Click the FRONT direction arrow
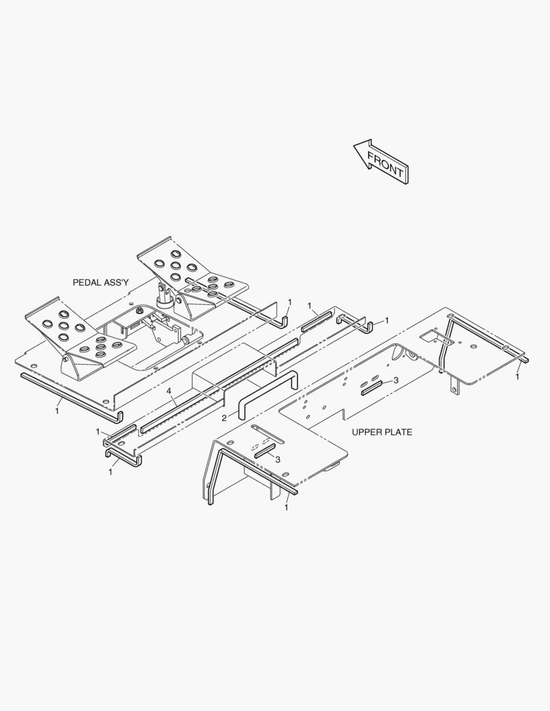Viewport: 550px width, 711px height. tap(381, 161)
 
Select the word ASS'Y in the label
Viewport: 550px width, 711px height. tap(117, 282)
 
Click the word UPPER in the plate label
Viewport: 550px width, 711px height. tap(366, 432)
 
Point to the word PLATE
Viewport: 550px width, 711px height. tap(398, 432)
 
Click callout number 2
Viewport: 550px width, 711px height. tap(224, 418)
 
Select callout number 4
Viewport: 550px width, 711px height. tap(169, 390)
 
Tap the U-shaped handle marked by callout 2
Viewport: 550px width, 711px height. tap(267, 394)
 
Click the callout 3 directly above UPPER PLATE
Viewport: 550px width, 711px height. tap(396, 380)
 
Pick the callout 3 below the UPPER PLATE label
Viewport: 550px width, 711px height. tap(278, 460)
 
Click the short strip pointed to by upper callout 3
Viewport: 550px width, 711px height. tap(371, 388)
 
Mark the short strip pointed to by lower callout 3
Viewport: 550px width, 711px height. tap(265, 451)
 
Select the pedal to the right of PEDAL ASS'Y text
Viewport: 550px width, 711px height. tap(193, 276)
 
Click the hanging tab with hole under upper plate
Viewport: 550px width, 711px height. tap(454, 386)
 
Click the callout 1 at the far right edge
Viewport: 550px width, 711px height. tap(517, 377)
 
